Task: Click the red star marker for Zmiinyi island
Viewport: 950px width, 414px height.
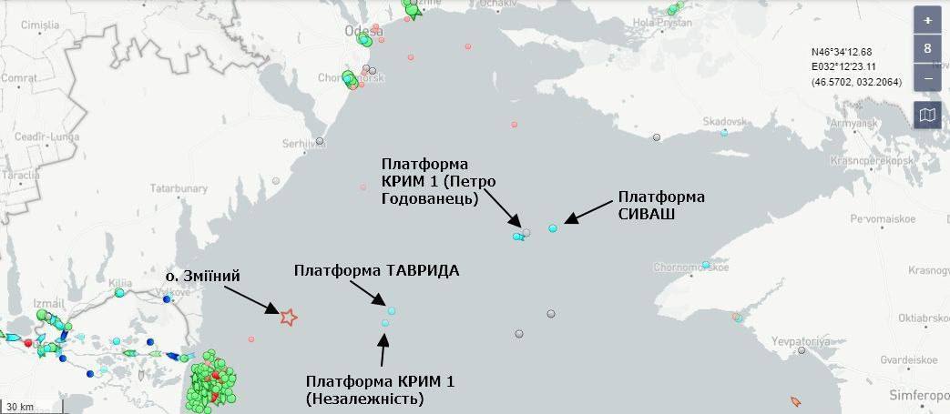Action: [288, 317]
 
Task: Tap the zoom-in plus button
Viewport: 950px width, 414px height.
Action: [927, 20]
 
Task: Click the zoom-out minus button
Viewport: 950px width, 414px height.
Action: [927, 78]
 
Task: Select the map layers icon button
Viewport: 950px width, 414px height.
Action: [927, 115]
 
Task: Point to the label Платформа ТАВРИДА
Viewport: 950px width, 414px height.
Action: [376, 271]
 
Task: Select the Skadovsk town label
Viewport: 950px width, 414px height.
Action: [724, 121]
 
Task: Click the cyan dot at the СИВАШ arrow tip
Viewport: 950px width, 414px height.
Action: [552, 228]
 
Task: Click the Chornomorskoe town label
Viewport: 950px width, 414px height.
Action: [690, 268]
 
